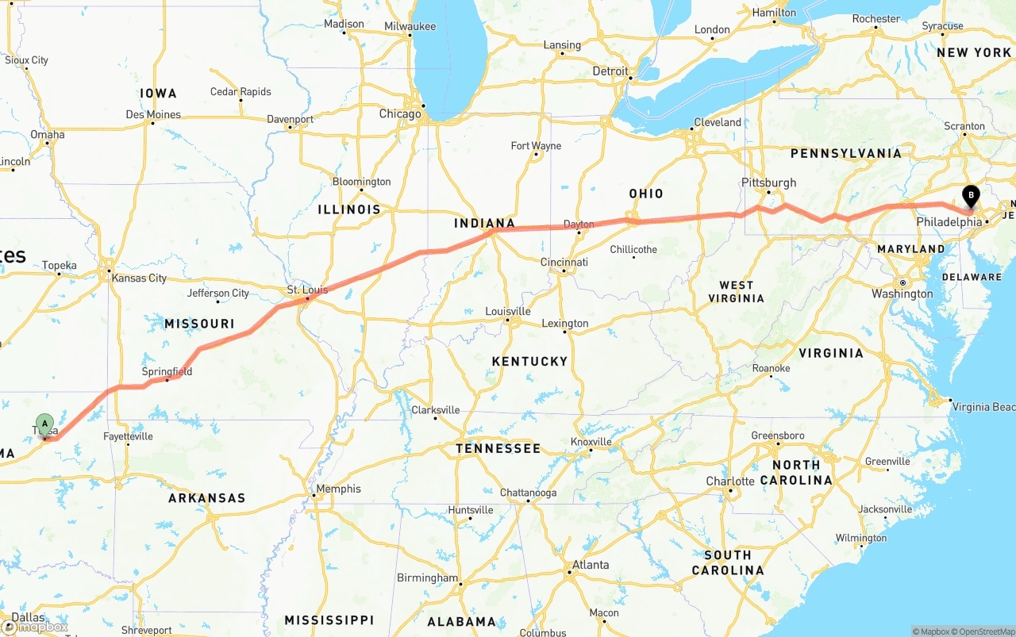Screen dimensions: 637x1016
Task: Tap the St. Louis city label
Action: pos(307,290)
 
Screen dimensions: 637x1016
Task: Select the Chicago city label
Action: pos(400,114)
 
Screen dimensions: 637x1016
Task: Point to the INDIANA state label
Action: pos(484,224)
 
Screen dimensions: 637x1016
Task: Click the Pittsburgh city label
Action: pos(768,182)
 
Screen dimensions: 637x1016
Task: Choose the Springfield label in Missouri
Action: pos(167,371)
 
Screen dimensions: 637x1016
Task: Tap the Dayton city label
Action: pos(579,224)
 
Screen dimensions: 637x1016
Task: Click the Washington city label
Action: pos(902,294)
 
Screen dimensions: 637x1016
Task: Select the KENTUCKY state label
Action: pos(529,362)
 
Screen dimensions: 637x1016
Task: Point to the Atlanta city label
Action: pos(591,565)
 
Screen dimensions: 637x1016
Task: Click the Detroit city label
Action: pos(610,71)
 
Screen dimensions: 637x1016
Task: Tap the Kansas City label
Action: pos(140,278)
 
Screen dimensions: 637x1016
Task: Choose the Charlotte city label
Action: pos(730,482)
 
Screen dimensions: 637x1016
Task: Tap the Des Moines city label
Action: pos(153,114)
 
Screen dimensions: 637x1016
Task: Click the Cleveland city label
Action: pos(718,122)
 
